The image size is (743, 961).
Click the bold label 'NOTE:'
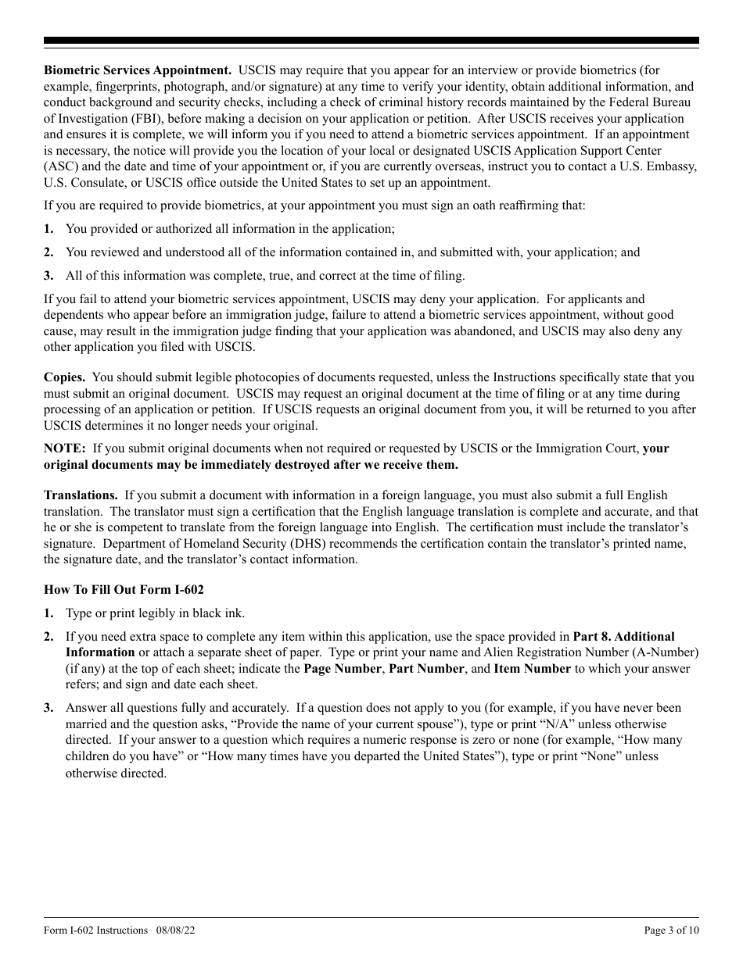click(64, 448)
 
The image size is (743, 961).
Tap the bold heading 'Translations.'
click(81, 495)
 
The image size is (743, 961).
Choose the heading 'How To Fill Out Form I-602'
click(124, 590)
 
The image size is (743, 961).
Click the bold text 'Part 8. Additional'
click(623, 637)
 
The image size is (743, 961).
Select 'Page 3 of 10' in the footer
click(671, 931)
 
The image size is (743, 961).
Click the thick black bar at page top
click(371, 41)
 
